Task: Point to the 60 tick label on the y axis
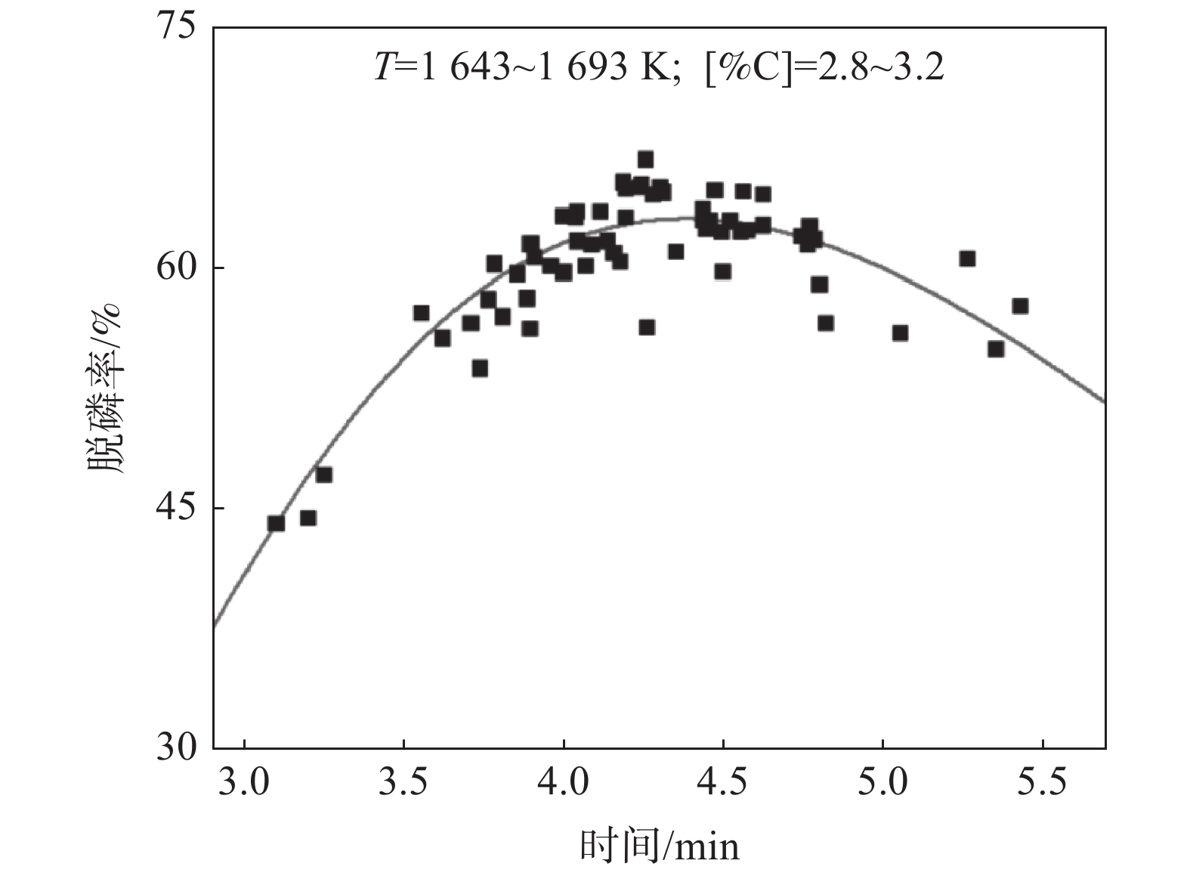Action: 177,268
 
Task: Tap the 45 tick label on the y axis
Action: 177,508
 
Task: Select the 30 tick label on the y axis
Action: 177,748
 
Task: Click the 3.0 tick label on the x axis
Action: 245,782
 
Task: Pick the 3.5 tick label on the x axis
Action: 404,782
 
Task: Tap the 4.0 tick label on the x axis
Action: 564,782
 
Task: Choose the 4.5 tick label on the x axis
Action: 723,782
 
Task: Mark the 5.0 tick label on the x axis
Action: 882,782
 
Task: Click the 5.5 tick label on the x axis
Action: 1042,782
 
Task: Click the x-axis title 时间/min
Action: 659,847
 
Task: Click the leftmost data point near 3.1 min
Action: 276,523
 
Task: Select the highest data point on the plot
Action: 645,159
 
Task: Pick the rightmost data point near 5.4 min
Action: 1020,306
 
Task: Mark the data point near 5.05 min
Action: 900,333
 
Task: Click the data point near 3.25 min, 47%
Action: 324,475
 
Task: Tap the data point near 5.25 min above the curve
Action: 967,258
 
